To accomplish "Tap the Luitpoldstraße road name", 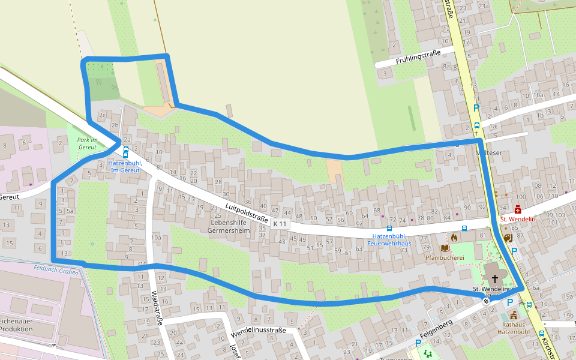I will coord(247,212).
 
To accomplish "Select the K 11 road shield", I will coord(280,224).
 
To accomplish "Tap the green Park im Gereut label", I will coord(87,143).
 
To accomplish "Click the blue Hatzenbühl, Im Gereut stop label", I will coord(125,166).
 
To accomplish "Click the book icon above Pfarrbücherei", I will coord(445,248).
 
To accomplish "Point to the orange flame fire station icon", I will coord(454,238).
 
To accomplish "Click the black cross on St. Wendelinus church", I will coord(495,278).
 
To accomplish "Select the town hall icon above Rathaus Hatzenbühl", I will coord(514,314).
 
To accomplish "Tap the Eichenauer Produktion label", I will coord(20,325).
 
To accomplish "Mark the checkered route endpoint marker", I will coord(485,301).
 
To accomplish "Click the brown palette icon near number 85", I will coord(508,238).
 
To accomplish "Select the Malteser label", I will coord(488,153).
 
